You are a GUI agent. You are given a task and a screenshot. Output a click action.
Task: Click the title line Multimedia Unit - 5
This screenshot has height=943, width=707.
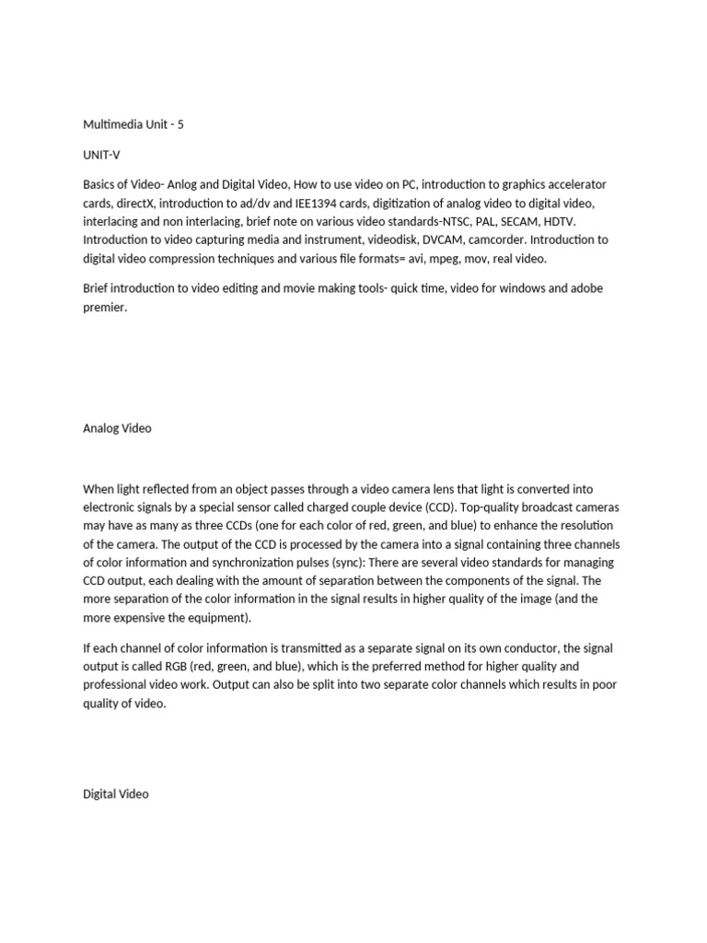(133, 124)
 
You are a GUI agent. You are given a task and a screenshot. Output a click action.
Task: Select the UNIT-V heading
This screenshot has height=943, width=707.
(101, 155)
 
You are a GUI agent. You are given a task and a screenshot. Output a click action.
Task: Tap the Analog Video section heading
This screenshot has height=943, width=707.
(117, 428)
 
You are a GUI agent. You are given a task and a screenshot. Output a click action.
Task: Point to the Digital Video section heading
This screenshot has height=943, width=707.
(116, 793)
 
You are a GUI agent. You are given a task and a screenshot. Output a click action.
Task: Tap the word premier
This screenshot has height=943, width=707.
(103, 308)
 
